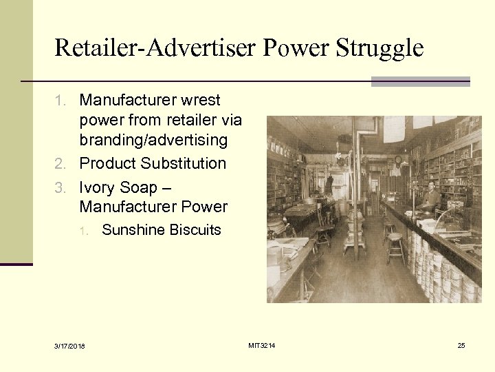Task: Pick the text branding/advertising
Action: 153,140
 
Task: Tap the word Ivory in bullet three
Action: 98,187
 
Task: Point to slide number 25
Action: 461,345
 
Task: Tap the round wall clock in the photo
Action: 397,161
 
